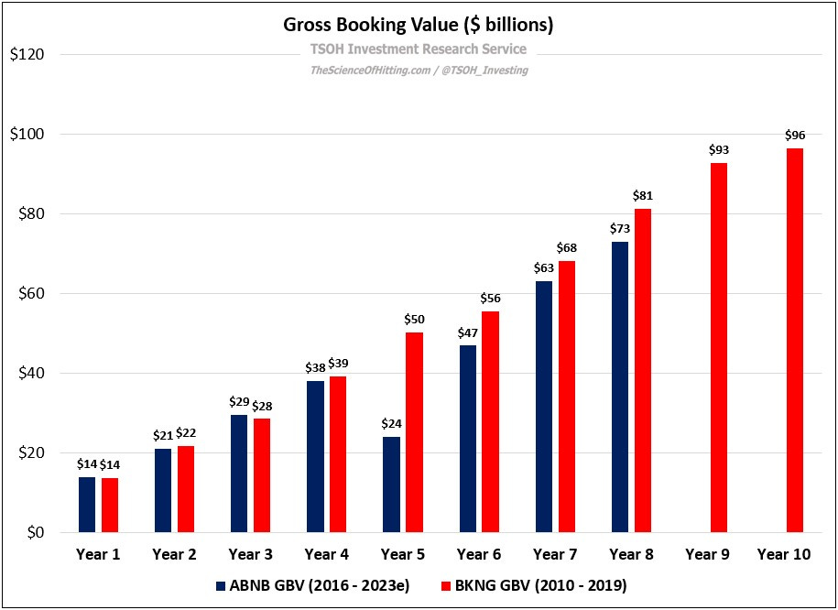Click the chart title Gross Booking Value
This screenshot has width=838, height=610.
[x=419, y=25]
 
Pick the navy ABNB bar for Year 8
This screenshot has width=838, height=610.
[x=620, y=387]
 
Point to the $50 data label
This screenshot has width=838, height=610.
[x=414, y=319]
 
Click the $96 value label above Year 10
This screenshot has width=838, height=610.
[x=795, y=135]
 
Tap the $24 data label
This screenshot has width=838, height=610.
[x=391, y=423]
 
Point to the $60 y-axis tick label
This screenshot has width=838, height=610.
[x=28, y=294]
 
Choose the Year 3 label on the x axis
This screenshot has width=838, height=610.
[x=250, y=554]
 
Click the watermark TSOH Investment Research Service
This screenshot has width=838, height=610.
[x=419, y=49]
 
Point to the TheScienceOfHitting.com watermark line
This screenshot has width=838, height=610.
[x=419, y=71]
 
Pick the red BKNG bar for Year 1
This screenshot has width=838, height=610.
[x=110, y=505]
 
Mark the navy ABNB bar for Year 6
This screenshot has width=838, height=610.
[x=467, y=439]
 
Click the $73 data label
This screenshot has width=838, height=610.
[x=619, y=228]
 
